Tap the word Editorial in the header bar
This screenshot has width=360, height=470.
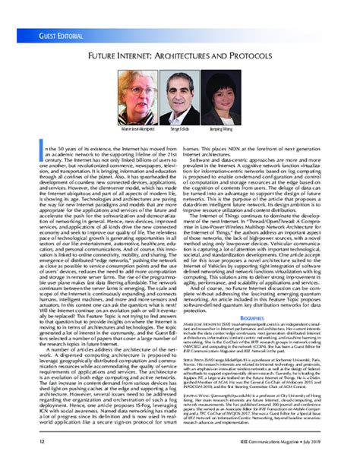(61, 36)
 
